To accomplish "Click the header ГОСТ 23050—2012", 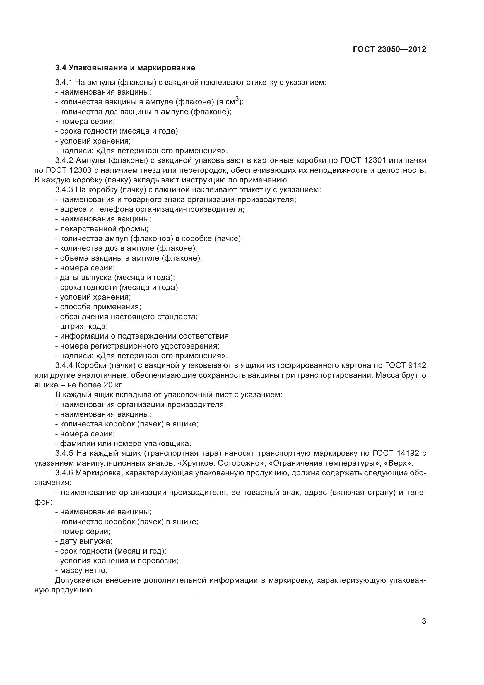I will pyautogui.click(x=389, y=49).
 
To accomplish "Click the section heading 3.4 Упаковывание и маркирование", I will pyautogui.click(x=125, y=68).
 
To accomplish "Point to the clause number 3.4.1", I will pyautogui.click(x=64, y=82).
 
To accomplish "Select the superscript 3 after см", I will pyautogui.click(x=237, y=100).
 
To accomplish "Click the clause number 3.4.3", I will pyautogui.click(x=64, y=190).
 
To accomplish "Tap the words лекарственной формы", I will pyautogui.click(x=104, y=229).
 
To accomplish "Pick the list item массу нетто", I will pyautogui.click(x=83, y=570).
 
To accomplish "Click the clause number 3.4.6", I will pyautogui.click(x=64, y=473).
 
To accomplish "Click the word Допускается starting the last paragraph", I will pyautogui.click(x=78, y=580).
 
